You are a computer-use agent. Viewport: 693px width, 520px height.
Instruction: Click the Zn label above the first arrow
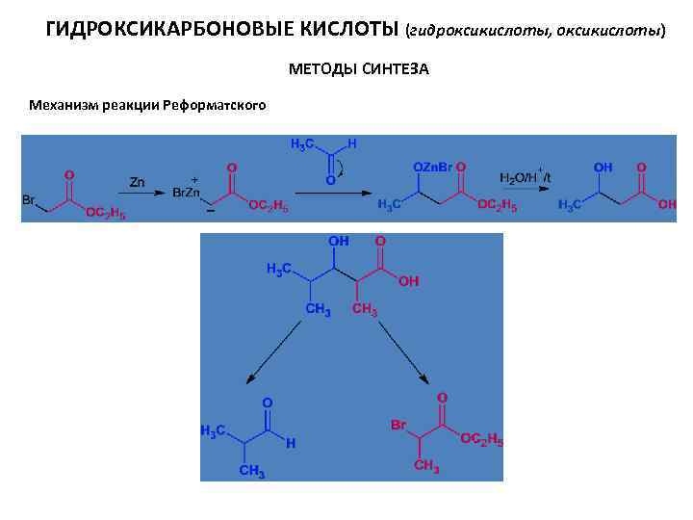point(138,180)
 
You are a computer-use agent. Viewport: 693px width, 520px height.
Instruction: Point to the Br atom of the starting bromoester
point(29,200)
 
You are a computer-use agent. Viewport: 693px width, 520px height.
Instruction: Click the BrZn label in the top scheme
point(187,193)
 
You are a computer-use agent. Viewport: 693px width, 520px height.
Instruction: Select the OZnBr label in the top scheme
point(433,168)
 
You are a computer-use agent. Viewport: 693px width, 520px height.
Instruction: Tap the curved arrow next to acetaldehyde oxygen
point(346,169)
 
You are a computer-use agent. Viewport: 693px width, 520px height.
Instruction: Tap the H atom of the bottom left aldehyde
point(291,444)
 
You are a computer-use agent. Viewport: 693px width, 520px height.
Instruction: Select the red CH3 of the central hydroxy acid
point(365,309)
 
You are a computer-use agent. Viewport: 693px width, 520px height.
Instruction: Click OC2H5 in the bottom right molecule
point(480,439)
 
